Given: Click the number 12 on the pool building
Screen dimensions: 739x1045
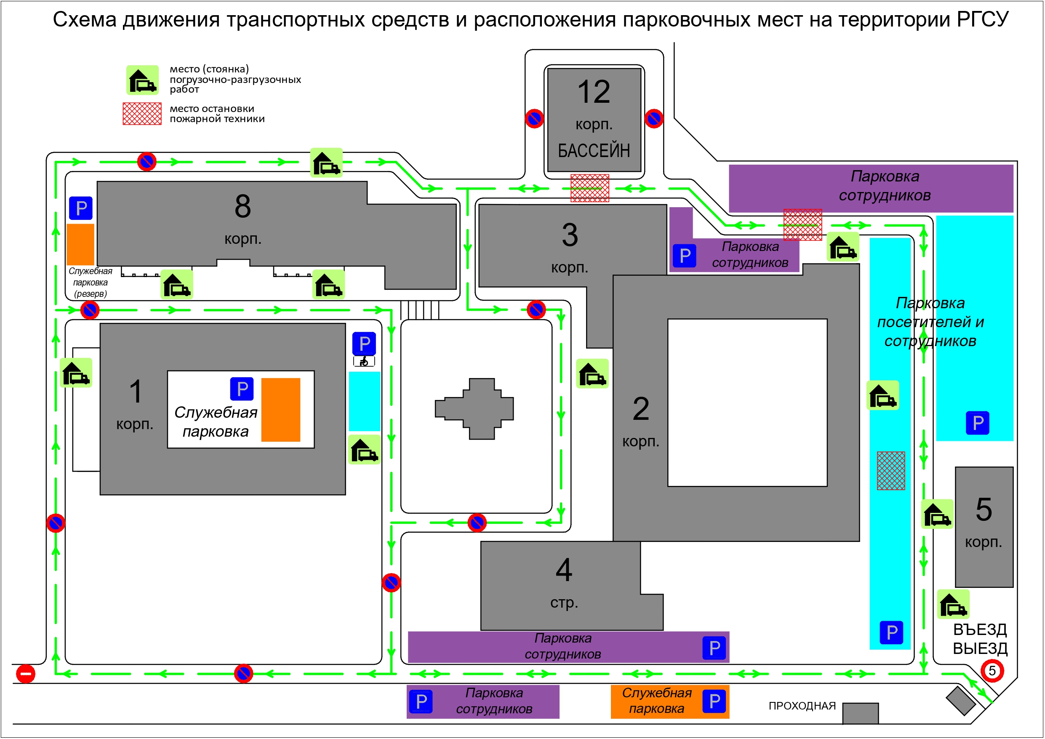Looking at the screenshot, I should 594,92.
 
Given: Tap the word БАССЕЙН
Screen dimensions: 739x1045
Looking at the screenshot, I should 594,151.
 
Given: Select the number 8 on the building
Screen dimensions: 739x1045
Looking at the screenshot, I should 243,206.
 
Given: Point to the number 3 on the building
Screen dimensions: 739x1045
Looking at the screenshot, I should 569,235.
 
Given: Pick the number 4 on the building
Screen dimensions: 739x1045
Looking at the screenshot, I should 564,570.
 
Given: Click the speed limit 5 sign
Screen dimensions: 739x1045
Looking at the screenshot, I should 992,670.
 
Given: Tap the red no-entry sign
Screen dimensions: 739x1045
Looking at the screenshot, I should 26,673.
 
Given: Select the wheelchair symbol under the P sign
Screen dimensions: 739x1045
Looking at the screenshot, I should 364,362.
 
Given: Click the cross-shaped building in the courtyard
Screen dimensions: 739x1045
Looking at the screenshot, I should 475,408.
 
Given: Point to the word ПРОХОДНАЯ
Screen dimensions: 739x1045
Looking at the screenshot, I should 802,706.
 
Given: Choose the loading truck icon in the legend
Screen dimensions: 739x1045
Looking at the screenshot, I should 142,80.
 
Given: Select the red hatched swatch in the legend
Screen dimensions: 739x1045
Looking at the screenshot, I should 142,114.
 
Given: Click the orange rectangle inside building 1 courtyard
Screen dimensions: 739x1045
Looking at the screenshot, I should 280,409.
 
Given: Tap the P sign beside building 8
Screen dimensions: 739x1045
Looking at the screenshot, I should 81,208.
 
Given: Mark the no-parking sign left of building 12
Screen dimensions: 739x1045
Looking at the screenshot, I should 534,119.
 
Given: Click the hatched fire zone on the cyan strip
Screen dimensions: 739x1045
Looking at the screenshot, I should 891,470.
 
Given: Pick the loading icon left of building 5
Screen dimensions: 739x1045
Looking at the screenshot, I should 937,514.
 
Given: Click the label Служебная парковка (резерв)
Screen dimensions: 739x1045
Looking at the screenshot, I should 90,282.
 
